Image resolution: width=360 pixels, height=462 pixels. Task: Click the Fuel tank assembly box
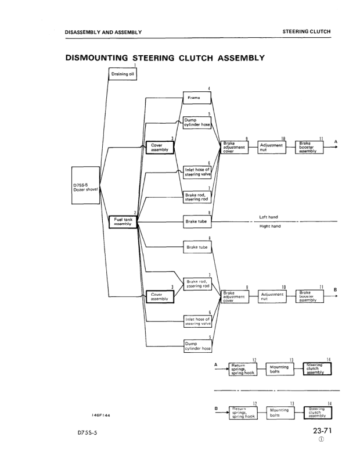click(123, 221)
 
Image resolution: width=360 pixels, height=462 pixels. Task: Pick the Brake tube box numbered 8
click(197, 221)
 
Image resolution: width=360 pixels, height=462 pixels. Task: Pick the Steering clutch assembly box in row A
click(317, 369)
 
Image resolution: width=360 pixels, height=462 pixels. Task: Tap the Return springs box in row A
click(243, 369)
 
